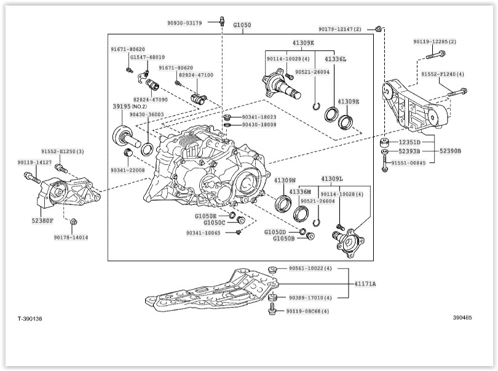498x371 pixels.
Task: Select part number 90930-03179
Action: tap(184, 23)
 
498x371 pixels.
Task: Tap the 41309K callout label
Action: tap(302, 43)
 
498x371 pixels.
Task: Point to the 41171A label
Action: tap(365, 284)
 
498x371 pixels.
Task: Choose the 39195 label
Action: tap(122, 106)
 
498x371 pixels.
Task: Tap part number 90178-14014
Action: tap(71, 237)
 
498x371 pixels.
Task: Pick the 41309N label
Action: tap(285, 180)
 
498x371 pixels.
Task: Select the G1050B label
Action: tap(283, 238)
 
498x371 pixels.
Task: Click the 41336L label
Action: tap(335, 59)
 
